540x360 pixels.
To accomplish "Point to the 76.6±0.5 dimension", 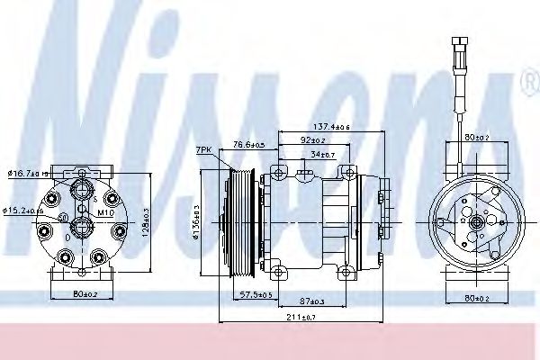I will click(x=248, y=144).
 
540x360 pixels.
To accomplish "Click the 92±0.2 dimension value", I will click(x=313, y=140).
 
